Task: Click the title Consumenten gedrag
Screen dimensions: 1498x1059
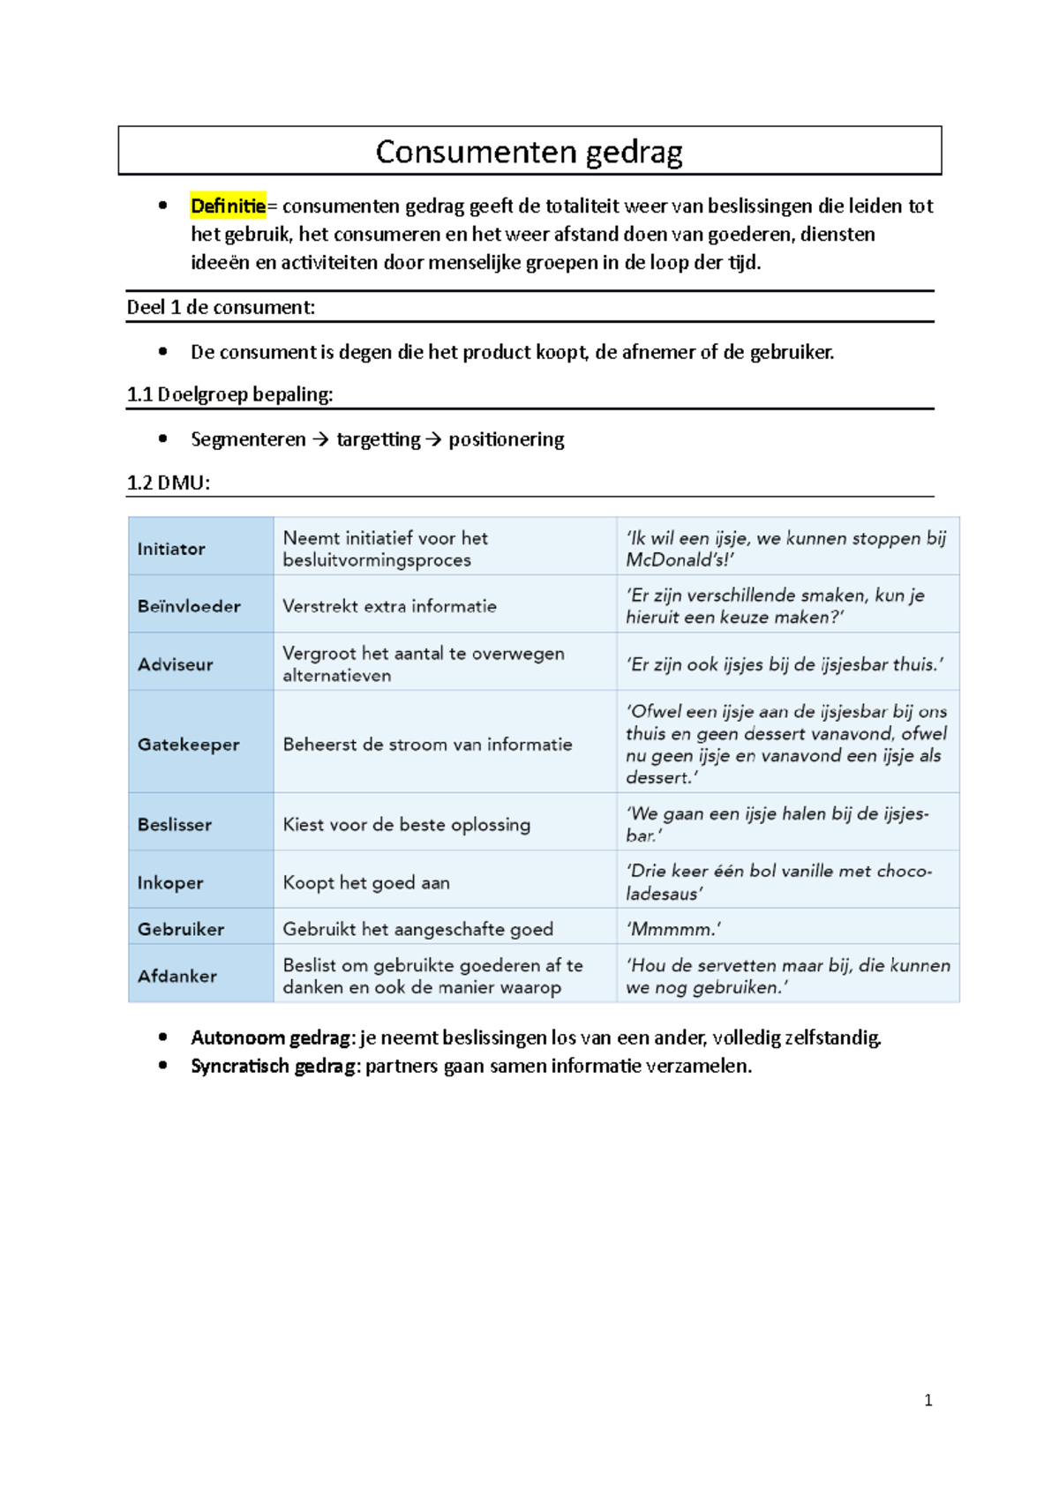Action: (529, 152)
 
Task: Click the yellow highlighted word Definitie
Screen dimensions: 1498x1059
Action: (228, 206)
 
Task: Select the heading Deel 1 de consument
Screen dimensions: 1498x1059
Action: (221, 307)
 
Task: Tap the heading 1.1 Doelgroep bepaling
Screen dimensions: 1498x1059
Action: (229, 394)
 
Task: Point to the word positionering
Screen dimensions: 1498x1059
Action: (506, 439)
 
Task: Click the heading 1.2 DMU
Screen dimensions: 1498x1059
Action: (169, 483)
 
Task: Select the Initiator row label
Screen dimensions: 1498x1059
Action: (171, 549)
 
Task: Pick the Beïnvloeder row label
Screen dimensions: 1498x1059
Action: (189, 606)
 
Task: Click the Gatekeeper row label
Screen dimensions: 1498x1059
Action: (188, 745)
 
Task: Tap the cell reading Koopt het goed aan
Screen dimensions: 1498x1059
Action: (366, 882)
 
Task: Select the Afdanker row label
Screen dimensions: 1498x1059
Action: (177, 976)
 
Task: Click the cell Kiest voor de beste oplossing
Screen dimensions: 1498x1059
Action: (407, 825)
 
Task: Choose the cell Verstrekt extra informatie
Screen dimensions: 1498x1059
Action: (389, 606)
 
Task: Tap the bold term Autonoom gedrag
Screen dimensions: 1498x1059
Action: (271, 1037)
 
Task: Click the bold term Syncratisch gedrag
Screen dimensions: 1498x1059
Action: (275, 1066)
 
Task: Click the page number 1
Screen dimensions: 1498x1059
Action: (928, 1400)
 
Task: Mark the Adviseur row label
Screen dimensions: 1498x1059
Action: (176, 664)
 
